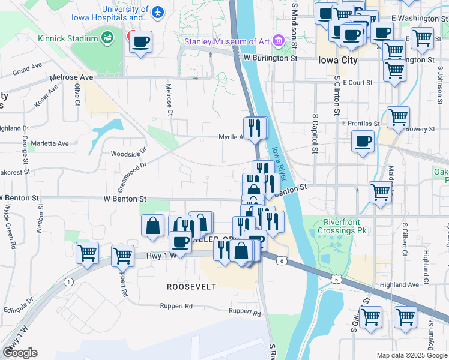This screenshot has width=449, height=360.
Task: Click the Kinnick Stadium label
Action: click(x=67, y=39)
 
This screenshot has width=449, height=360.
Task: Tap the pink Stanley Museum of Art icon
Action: click(x=277, y=41)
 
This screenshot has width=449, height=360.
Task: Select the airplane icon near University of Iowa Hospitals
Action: click(x=158, y=12)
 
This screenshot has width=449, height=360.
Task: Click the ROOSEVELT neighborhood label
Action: click(x=191, y=287)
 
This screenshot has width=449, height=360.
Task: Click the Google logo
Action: click(x=20, y=353)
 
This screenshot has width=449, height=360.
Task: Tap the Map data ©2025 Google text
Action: click(x=411, y=355)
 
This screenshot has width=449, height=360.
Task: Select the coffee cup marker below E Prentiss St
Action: click(x=363, y=143)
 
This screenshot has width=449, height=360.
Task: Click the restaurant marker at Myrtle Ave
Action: click(x=255, y=127)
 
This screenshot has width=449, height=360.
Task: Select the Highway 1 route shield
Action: click(x=69, y=282)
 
